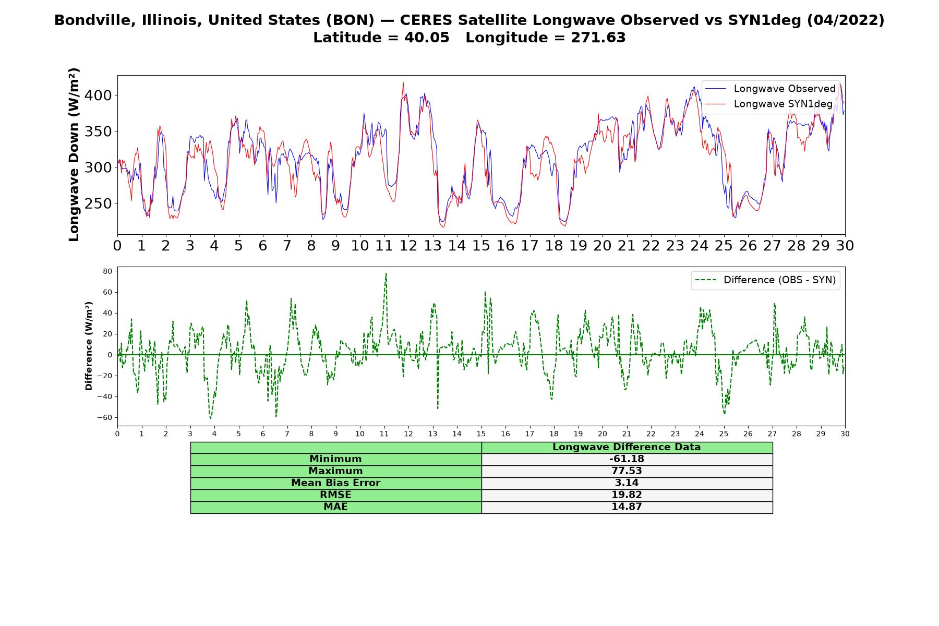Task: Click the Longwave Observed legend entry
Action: point(770,89)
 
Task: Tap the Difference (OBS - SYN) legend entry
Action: point(765,280)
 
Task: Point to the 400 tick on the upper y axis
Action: point(100,95)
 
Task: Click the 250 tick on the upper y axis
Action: point(100,203)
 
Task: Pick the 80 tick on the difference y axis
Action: point(108,271)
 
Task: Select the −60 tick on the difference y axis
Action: point(105,417)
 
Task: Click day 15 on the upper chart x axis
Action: point(481,245)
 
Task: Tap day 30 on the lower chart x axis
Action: point(845,434)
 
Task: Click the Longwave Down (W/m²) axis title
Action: point(74,154)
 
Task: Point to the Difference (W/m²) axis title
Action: point(89,346)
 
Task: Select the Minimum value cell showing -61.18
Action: point(627,459)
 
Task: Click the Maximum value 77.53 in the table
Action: point(627,471)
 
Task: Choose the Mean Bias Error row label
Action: point(335,483)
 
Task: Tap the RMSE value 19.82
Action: point(627,495)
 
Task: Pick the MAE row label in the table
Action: point(335,507)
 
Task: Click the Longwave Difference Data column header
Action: point(627,447)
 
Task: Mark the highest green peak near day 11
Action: point(386,273)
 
